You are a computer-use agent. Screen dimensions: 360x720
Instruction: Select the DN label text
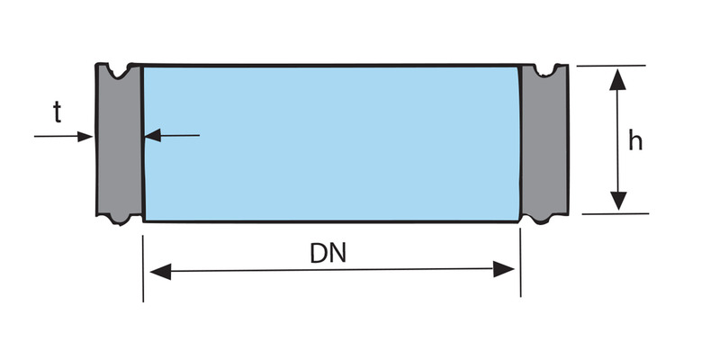click(328, 253)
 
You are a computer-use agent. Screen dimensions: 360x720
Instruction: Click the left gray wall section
click(118, 144)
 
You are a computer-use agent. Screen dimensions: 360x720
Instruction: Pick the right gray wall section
click(544, 144)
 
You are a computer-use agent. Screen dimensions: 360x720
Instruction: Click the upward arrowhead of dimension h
click(616, 80)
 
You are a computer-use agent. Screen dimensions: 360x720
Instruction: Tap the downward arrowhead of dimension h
click(616, 200)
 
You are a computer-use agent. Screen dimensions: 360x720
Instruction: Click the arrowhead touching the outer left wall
click(85, 137)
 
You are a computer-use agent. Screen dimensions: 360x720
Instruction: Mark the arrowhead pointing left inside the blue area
click(154, 136)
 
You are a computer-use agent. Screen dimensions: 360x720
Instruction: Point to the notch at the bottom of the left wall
click(117, 219)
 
